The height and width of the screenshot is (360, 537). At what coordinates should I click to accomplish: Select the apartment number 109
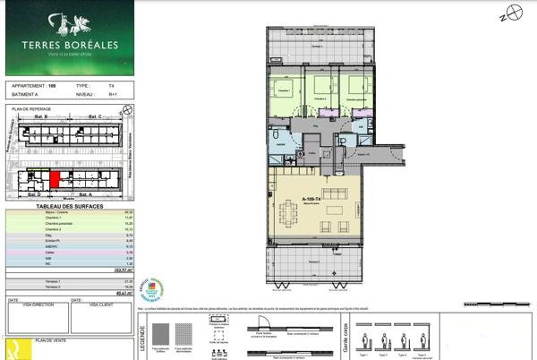click(x=52, y=86)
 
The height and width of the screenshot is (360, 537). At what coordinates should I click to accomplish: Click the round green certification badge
click(x=154, y=287)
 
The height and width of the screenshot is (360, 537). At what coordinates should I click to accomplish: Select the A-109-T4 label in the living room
click(x=311, y=199)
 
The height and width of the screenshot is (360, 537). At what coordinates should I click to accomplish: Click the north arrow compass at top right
click(x=507, y=15)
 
